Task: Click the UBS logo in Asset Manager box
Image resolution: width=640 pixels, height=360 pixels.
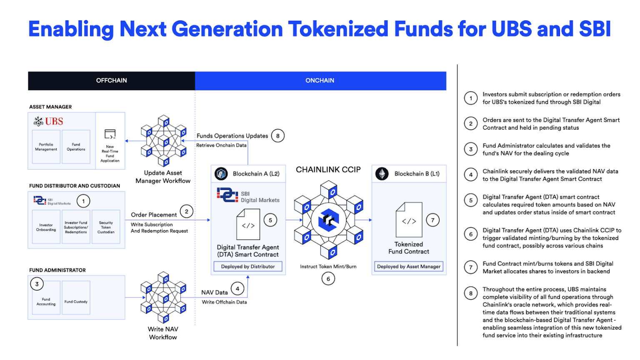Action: [48, 121]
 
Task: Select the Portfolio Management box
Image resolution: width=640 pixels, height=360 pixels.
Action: [46, 147]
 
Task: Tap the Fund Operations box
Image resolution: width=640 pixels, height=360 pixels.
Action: [76, 147]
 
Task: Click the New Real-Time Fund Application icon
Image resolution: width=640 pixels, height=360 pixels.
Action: [110, 134]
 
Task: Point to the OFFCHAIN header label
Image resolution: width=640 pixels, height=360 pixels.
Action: [111, 80]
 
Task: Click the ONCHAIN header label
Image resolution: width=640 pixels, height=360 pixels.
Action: [320, 80]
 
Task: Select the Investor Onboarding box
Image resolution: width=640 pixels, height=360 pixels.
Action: [46, 227]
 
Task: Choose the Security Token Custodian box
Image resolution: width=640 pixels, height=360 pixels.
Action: [106, 227]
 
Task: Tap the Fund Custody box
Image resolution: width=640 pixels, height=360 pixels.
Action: [76, 302]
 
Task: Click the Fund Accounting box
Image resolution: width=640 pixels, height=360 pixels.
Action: [46, 302]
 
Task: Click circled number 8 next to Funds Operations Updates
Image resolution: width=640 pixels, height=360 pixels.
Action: [278, 136]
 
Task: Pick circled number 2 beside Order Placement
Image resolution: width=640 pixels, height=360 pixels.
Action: [187, 212]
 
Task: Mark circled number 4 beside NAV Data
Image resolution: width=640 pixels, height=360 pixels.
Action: [237, 289]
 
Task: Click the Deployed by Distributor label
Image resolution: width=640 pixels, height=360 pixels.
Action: [248, 267]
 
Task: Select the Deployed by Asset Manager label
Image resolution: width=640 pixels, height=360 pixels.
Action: [408, 267]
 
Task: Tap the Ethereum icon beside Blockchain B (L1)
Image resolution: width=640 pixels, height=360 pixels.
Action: [382, 174]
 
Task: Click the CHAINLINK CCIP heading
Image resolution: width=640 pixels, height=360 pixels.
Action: [328, 170]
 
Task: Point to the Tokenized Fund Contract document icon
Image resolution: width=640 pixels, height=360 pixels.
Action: [409, 220]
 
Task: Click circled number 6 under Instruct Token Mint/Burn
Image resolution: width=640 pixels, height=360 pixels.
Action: [328, 279]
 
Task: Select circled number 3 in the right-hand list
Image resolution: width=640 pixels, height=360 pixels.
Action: [471, 149]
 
